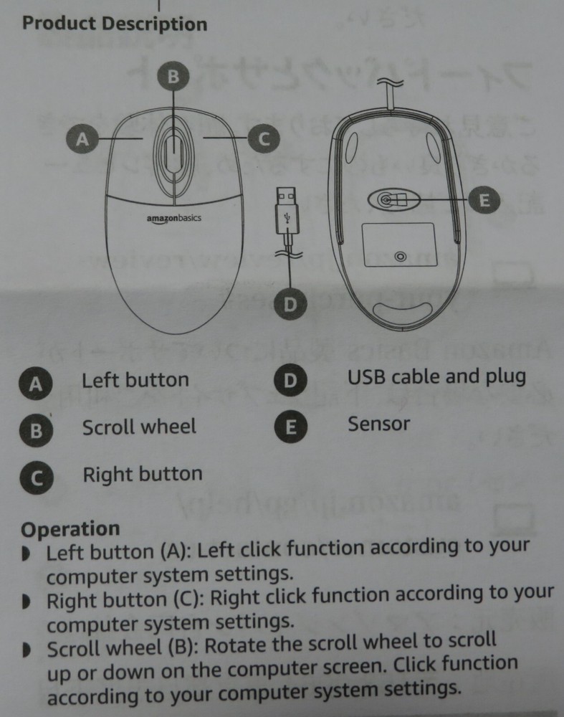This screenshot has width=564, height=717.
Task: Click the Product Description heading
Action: (x=115, y=24)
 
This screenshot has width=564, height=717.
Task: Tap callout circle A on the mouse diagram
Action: (x=83, y=139)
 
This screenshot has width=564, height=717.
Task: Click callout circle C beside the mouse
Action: (x=263, y=139)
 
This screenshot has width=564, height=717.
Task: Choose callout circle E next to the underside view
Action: (x=484, y=200)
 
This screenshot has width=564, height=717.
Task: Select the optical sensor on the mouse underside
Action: (x=387, y=200)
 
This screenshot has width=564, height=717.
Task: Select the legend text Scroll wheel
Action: (x=139, y=427)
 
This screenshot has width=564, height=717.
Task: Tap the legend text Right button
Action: (x=143, y=474)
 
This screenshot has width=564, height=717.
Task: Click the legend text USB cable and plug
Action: (x=436, y=376)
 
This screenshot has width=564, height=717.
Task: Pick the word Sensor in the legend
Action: (x=379, y=424)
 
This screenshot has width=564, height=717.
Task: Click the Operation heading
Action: (x=70, y=529)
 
